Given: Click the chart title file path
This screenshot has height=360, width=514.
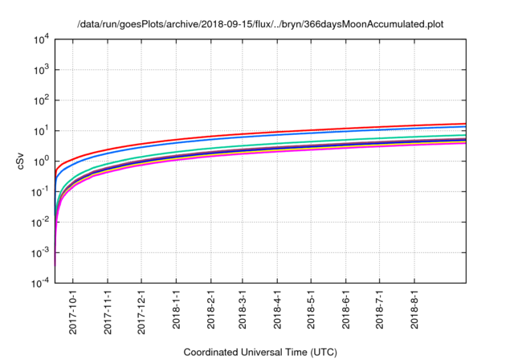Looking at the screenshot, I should [x=260, y=25].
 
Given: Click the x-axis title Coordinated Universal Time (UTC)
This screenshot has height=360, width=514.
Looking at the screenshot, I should [x=260, y=352].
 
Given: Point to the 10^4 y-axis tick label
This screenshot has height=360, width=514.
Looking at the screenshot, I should [x=40, y=39].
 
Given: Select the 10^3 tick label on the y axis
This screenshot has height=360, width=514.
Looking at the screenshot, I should [x=40, y=70].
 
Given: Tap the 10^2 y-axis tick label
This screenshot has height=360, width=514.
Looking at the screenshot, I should [x=40, y=100].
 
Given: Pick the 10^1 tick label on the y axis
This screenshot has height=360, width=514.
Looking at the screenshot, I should [x=40, y=131].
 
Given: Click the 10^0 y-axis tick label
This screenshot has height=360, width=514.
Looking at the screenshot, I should [x=40, y=162].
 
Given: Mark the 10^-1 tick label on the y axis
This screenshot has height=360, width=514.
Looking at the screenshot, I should [x=40, y=192].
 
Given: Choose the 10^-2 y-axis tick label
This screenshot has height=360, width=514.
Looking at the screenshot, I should [x=40, y=223].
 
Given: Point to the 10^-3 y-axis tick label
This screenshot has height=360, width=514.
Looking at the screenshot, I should [x=40, y=253].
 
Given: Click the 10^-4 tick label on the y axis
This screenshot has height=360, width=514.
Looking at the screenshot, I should [x=40, y=284].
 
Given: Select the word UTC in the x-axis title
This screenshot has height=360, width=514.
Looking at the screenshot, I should [x=320, y=352].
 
